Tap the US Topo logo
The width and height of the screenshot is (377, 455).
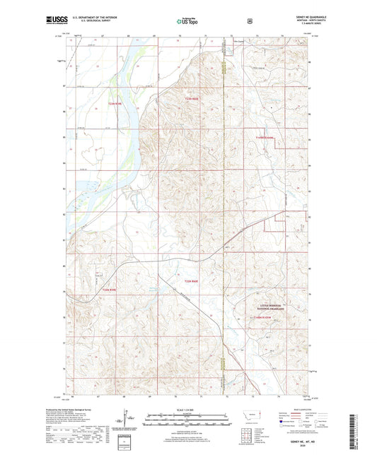tap(188, 22)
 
